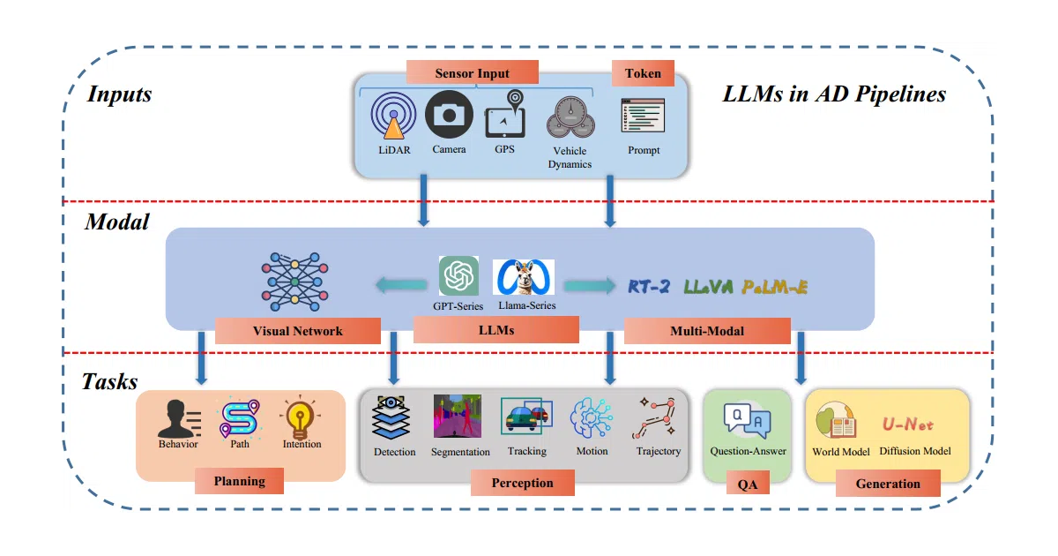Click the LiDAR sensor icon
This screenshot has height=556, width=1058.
point(393,116)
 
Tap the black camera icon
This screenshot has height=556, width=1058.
point(449,115)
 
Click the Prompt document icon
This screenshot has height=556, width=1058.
point(643,116)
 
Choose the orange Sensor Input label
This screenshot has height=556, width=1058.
point(473,72)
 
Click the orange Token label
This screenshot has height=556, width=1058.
point(643,72)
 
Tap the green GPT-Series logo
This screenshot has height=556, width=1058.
point(458,275)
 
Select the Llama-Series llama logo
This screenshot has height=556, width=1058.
point(524,277)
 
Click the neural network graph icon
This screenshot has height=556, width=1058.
point(294,282)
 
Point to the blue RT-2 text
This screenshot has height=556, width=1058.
point(649,287)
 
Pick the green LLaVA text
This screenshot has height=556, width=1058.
point(709,287)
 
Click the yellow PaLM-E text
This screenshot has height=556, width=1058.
point(775,287)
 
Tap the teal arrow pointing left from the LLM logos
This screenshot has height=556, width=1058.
point(401,284)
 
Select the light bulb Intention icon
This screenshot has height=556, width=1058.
point(300,417)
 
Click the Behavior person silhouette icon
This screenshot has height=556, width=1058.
point(179,418)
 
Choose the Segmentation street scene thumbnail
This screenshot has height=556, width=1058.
point(458,416)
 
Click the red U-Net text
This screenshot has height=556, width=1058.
point(908,425)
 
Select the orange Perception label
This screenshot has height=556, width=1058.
point(522,483)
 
